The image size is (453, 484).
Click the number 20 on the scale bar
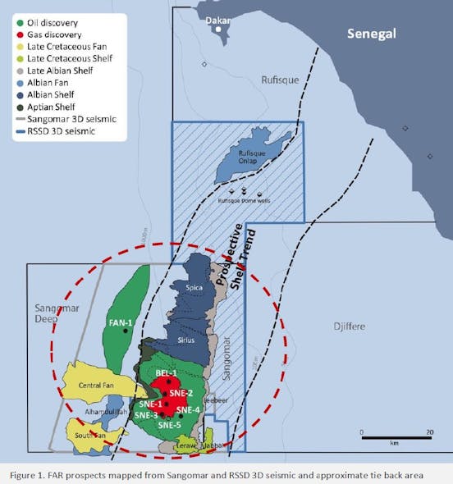pos(428,431)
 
